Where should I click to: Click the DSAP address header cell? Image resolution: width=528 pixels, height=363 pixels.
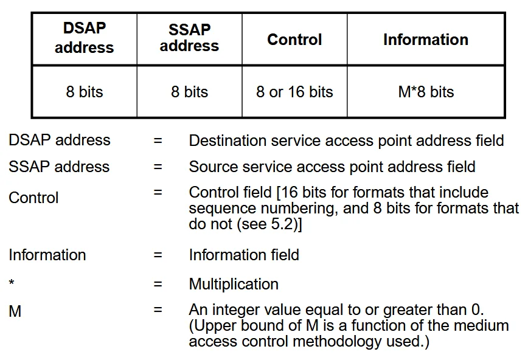[85, 39]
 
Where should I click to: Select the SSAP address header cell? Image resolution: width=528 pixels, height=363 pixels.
[190, 39]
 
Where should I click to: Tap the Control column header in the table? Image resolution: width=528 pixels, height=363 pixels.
[294, 39]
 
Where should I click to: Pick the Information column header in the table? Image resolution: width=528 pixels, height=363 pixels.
[426, 39]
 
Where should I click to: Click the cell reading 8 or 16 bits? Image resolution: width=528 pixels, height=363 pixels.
[294, 92]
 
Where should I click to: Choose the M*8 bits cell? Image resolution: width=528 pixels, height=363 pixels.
[426, 92]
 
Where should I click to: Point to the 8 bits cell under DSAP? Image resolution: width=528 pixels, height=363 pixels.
[85, 92]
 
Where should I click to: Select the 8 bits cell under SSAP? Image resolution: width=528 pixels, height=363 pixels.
[190, 92]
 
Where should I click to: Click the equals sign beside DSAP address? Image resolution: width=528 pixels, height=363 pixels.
[158, 140]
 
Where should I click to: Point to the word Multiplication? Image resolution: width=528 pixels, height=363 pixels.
[234, 284]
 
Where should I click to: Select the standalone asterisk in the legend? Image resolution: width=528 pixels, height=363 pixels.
[12, 282]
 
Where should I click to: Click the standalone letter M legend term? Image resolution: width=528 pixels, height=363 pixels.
[15, 311]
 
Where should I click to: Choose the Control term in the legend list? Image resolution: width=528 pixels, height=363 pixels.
[33, 198]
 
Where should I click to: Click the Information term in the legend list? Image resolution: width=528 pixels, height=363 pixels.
[47, 255]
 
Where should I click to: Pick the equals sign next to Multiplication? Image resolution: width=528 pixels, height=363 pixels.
[158, 284]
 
